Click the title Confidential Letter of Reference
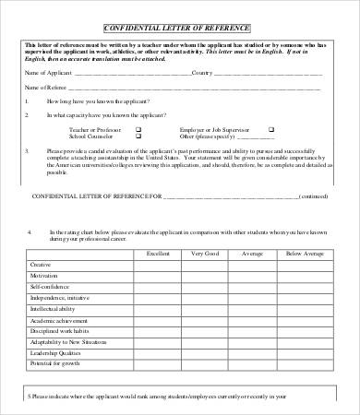coord(181,29)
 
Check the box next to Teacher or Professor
coord(138,130)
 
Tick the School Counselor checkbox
coord(138,136)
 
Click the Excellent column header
coord(158,252)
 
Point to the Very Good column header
coord(205,252)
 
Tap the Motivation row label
coord(42,275)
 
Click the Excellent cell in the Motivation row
coord(158,275)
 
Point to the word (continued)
coord(314,196)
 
